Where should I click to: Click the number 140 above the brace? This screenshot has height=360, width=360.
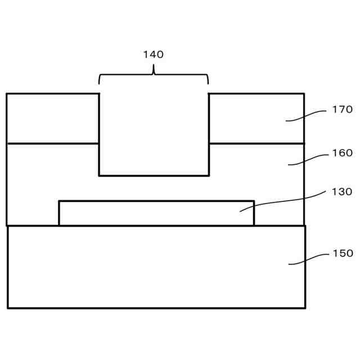(x=153, y=55)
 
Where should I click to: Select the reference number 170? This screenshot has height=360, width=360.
(x=342, y=109)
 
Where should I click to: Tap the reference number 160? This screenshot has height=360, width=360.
(x=342, y=152)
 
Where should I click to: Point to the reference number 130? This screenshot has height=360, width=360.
(x=342, y=191)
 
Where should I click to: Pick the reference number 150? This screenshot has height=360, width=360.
(x=342, y=253)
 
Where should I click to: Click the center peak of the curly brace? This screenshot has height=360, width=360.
(x=154, y=70)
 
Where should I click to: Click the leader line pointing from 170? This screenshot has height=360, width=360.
(x=307, y=114)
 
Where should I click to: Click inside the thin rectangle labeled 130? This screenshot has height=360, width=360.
(x=156, y=213)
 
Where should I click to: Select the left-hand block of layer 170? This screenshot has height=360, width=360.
(x=53, y=118)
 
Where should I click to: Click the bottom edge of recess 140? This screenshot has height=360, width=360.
(x=154, y=175)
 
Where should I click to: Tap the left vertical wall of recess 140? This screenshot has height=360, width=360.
(x=100, y=135)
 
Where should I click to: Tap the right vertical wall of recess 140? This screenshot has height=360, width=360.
(x=209, y=135)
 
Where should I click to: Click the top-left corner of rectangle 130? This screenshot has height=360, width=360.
(x=59, y=201)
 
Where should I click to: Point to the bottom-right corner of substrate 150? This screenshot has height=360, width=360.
(x=305, y=308)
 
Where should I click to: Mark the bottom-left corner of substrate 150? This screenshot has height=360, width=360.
(x=7, y=308)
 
